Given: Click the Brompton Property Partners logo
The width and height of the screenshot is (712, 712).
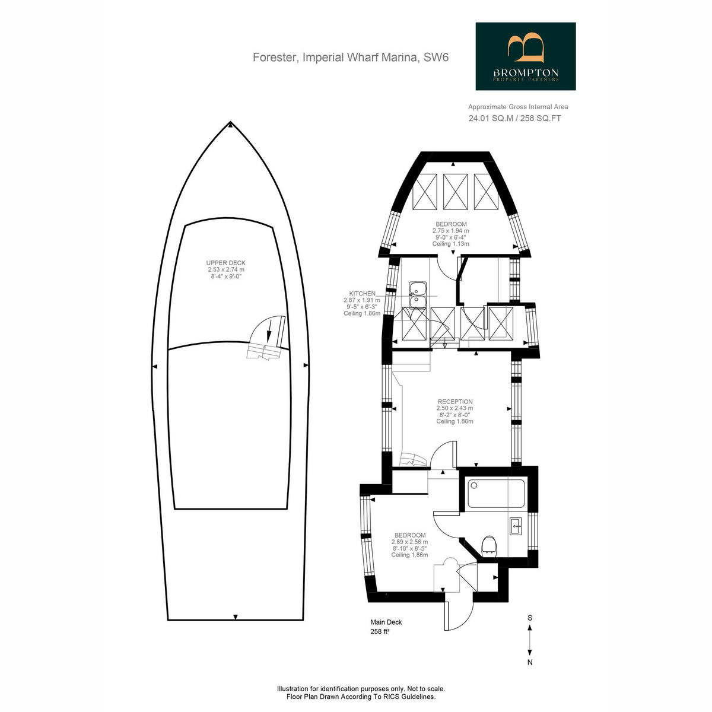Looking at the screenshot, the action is tap(525, 56).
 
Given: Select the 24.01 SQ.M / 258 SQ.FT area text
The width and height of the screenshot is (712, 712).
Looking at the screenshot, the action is tap(514, 119).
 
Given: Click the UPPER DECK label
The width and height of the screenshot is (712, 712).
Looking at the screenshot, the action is tap(225, 263).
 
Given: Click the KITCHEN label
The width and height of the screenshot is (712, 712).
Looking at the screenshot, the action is tap(363, 294).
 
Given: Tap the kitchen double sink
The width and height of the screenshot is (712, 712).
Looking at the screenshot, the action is tap(418, 294).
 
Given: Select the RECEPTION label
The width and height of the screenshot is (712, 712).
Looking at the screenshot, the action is tap(455, 402).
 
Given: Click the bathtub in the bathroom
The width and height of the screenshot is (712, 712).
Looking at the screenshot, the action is tap(496, 493).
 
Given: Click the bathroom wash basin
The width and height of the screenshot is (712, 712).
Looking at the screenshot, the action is tap(516, 526).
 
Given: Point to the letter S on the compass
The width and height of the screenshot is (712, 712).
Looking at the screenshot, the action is tap(530, 618).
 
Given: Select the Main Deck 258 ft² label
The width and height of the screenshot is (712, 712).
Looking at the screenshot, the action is tap(386, 627).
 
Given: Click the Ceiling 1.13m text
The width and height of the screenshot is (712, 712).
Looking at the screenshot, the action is tap(451, 244).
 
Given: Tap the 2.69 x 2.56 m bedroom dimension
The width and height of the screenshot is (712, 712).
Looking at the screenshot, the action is tap(410, 542).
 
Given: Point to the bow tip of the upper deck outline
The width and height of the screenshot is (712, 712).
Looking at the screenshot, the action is tap(230, 122).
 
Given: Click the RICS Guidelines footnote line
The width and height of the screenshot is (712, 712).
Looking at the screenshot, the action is tap(361, 697).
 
